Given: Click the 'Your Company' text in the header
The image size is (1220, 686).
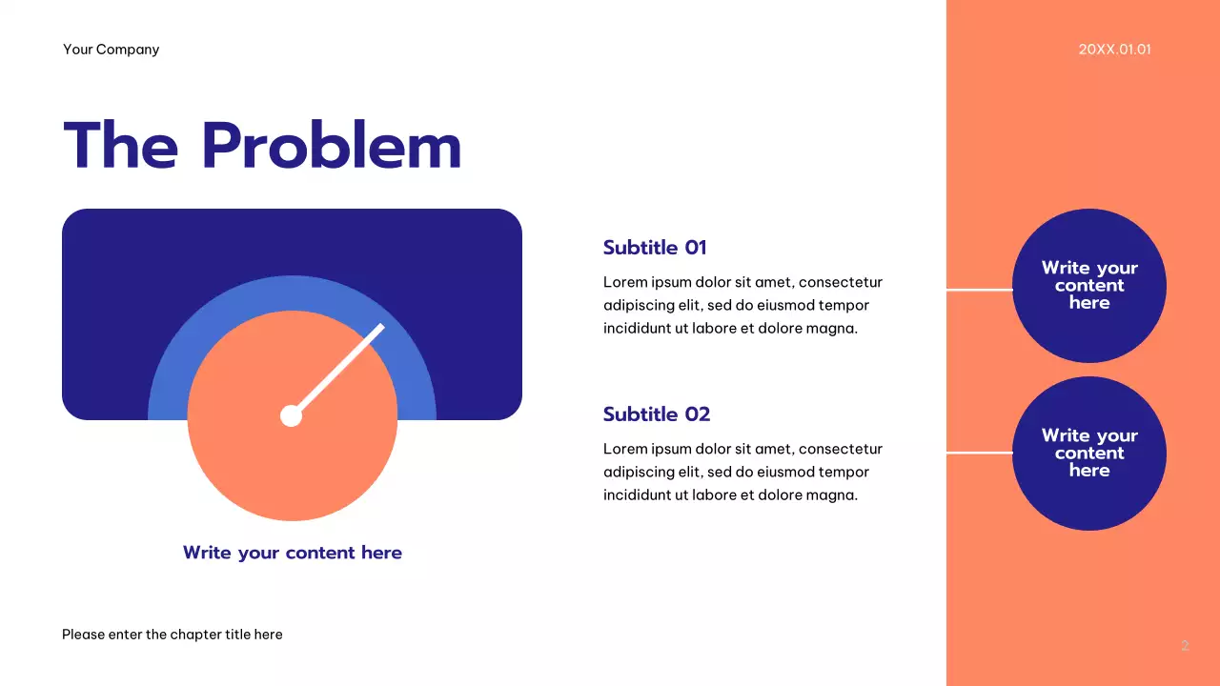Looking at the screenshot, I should tap(111, 50).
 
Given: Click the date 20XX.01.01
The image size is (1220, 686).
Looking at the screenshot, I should tap(1114, 50).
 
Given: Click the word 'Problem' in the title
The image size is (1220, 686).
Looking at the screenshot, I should tap(331, 147).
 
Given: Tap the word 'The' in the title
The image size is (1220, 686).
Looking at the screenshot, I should tap(120, 147).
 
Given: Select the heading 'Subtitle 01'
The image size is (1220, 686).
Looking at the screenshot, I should tap(655, 248).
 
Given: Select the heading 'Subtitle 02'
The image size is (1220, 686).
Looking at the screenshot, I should tap(657, 414).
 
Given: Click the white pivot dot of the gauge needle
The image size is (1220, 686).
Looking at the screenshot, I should tap(291, 415).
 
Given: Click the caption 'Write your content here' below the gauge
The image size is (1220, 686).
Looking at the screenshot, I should tap(293, 553).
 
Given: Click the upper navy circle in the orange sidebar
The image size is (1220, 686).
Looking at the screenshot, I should tap(1088, 238).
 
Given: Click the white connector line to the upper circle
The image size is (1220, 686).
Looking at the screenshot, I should tap(979, 290).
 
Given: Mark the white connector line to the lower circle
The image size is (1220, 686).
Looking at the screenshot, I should tap(979, 454).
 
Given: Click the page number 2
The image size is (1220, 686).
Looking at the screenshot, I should tap(1185, 646).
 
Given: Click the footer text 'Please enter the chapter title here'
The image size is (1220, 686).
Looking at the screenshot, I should tap(173, 635).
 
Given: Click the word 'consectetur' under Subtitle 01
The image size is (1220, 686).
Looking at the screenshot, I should tap(841, 282).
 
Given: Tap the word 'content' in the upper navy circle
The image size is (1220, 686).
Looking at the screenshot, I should tap(1089, 286).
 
